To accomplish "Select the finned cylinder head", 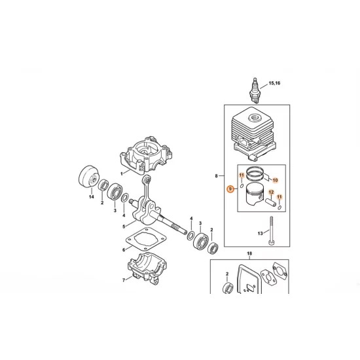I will pos(253,132).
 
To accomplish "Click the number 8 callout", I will pos(216,177).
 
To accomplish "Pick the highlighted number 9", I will pos(230,190).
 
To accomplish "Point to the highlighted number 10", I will pos(275,180).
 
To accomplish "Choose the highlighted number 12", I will pos(270,192).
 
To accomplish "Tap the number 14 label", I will pos(90,196).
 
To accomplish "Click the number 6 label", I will pos(125,249).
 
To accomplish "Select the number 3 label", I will pos(116,211).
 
